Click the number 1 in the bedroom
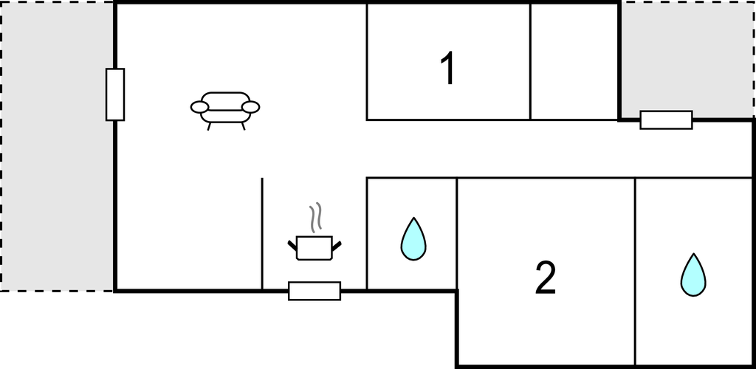(448, 69)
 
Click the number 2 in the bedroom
(546, 277)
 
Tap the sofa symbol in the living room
(225, 110)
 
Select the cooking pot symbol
(315, 248)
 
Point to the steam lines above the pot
(315, 217)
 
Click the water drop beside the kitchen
(413, 239)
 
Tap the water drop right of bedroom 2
(693, 275)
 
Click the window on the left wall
(115, 94)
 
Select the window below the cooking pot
(315, 291)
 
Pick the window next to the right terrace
(667, 120)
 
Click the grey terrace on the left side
(58, 146)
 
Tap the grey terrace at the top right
(687, 59)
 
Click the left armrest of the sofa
(199, 107)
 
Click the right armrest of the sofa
(251, 107)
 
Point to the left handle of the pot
(292, 245)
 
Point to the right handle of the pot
(337, 246)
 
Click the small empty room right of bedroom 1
(574, 61)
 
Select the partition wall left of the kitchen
(262, 234)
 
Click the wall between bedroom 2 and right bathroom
(635, 272)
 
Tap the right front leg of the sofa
(244, 126)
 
